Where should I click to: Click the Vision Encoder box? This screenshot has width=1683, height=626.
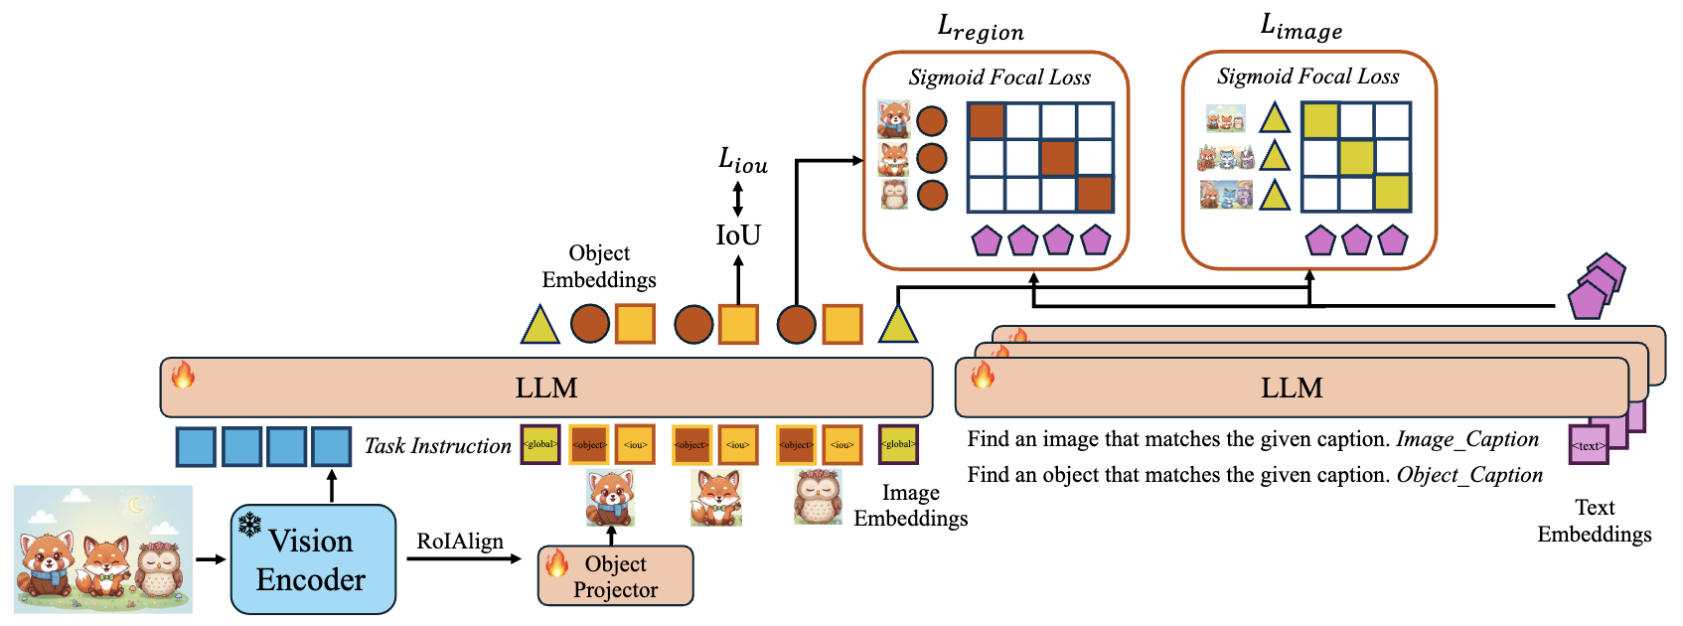coord(313,559)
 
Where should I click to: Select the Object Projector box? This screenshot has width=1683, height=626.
coord(615,576)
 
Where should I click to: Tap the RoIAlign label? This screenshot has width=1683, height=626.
coord(459,542)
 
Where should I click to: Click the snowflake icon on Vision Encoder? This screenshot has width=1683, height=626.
coord(249,524)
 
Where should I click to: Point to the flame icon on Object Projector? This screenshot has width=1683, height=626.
coord(556,563)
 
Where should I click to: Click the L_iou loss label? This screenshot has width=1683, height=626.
coord(742,160)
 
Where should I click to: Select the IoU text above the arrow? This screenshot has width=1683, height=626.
coord(738,235)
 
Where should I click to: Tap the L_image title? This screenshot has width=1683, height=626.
coord(1300,27)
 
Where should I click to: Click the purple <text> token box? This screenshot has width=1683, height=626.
coord(1588,445)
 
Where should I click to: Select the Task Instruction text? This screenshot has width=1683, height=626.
coord(437,446)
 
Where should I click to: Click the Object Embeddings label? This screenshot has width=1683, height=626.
coord(599,266)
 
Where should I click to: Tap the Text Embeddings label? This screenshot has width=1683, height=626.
coord(1594,522)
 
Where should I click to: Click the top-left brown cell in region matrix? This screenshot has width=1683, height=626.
coord(987,121)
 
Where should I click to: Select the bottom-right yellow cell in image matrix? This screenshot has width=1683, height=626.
coord(1392,193)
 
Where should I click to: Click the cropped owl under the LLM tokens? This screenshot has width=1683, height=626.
coord(818,496)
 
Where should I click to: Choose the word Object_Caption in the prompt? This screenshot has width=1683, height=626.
coord(1469,475)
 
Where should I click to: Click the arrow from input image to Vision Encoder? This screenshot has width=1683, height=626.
coord(211,559)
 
